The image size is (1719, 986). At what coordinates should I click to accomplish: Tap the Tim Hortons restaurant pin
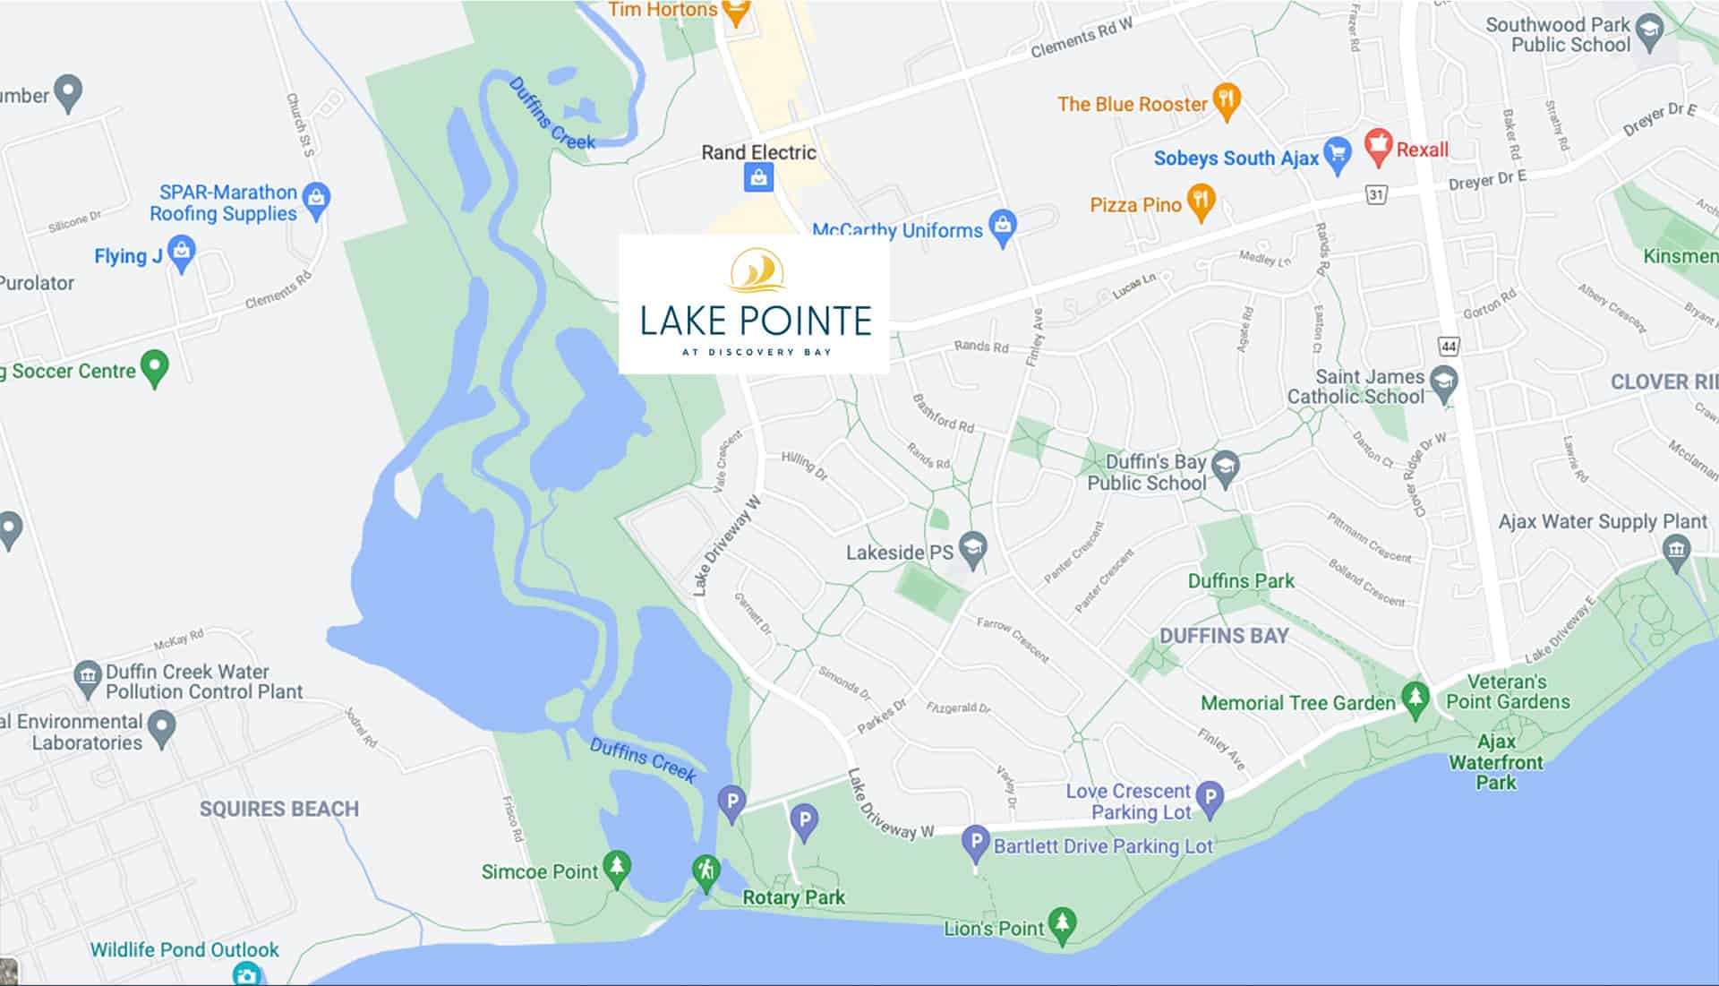coord(736,12)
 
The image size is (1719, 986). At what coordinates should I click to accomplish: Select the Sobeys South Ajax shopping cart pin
coord(1337,155)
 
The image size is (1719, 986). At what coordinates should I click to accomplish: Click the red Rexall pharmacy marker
coord(1378,146)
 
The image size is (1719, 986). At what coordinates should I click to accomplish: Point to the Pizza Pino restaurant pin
coord(1201,202)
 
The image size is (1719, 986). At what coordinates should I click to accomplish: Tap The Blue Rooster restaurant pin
coord(1226,100)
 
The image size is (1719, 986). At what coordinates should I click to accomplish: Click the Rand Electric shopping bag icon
coord(758,178)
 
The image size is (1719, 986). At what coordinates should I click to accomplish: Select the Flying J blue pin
coord(182,253)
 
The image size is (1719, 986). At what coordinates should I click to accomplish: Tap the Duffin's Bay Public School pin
coord(1225,467)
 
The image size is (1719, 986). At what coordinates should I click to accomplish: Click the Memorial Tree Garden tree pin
coord(1415,699)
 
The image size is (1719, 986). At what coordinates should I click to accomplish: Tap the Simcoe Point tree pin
coord(616,868)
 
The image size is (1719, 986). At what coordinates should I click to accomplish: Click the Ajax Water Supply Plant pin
coord(1676,550)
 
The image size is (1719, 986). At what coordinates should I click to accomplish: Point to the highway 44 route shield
coord(1449,346)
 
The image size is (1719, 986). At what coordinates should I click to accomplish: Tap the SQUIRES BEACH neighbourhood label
coord(279,809)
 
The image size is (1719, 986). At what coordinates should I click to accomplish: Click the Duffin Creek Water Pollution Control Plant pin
coord(87,679)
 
